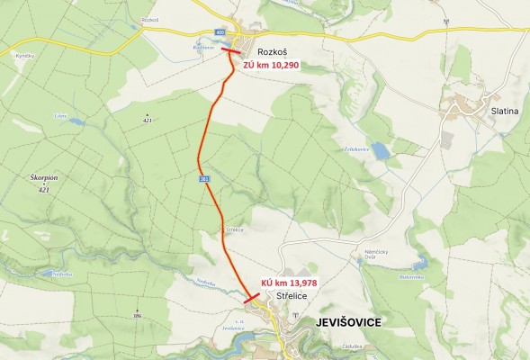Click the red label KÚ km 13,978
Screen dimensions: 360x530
point(289,281)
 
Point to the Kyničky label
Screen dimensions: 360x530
point(24,56)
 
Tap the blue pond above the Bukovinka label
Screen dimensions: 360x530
point(419,265)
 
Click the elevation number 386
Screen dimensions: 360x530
point(138,316)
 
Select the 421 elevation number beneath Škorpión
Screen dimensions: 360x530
point(43,190)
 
